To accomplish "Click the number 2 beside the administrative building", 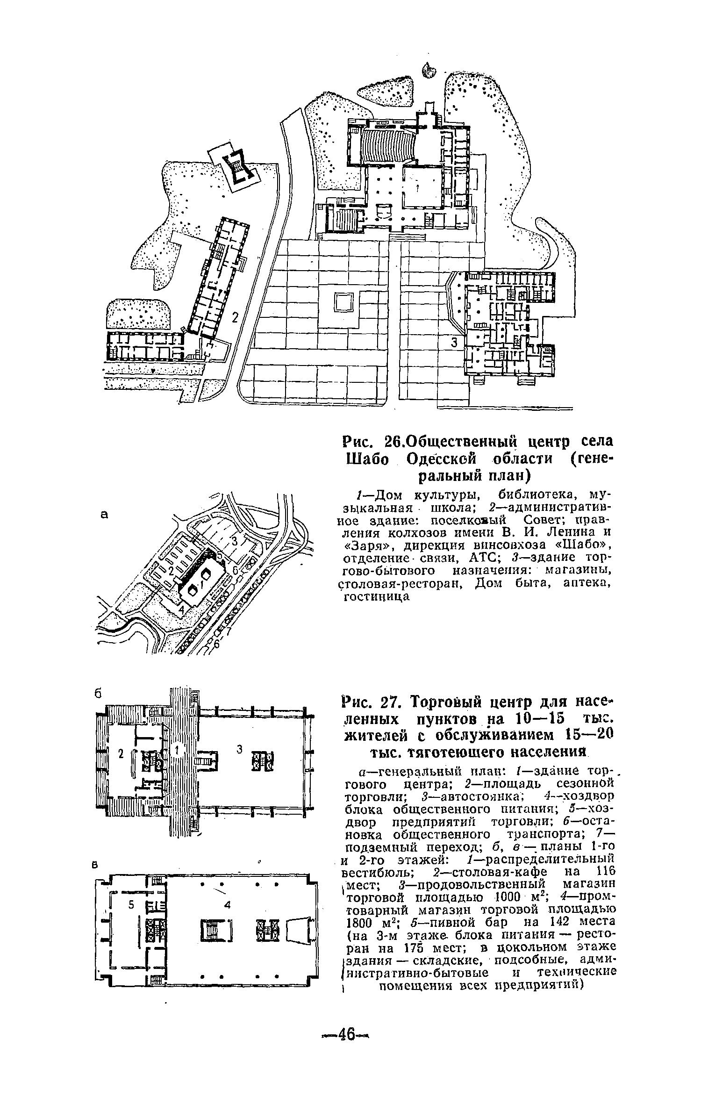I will [235, 318].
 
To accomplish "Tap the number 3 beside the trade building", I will [454, 343].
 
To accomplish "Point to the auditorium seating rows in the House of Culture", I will [388, 145].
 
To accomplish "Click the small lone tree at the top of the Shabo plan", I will [429, 71].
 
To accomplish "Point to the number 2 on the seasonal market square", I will [172, 571].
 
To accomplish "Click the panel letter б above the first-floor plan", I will [99, 694].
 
